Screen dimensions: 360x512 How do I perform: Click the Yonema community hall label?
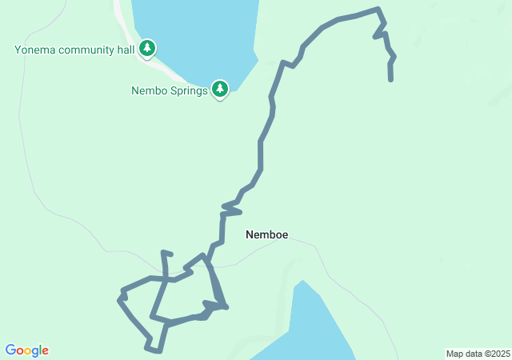point(74,50)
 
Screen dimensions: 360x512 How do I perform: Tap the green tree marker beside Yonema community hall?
point(147,49)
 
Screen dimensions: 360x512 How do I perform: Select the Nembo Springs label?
point(170,90)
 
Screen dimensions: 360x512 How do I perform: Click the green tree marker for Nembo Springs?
point(220,89)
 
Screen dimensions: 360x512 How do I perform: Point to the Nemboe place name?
point(266,234)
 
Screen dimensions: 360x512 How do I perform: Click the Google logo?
point(26,350)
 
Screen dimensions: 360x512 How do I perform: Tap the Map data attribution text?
point(478,354)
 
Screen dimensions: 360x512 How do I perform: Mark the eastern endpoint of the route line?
point(390,80)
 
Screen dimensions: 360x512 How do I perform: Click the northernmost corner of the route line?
point(378,9)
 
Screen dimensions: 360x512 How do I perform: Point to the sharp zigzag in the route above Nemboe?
point(230,210)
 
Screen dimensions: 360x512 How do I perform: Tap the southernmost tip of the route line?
point(160,350)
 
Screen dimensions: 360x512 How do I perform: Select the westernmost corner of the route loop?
point(119,300)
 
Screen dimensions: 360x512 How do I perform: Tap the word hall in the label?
point(124,50)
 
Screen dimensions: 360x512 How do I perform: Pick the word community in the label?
point(85,50)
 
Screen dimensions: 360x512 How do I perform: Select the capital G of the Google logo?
point(10,350)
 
